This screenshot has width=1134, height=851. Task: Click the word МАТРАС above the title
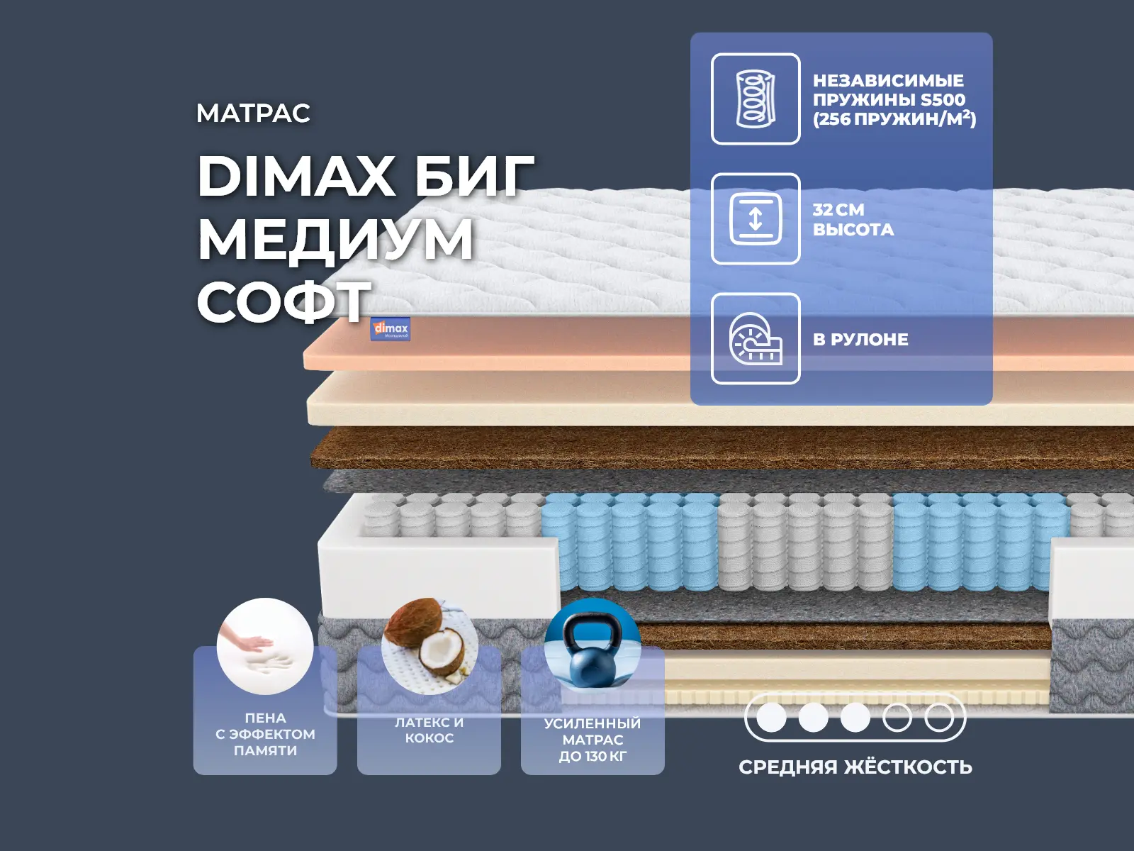coord(253,113)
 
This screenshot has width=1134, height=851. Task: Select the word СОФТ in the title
coord(283,301)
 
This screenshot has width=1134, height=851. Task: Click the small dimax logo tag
coord(390,328)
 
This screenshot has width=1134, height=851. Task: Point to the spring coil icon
coord(756,99)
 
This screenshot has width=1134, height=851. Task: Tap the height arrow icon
coord(756,218)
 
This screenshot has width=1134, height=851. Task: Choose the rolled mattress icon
coord(756,339)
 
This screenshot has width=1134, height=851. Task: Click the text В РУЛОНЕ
coord(860,340)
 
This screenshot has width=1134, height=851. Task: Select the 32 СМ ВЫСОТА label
coord(853,220)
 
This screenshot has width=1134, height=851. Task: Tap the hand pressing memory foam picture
coord(265,646)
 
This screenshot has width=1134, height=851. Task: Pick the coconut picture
coord(430,646)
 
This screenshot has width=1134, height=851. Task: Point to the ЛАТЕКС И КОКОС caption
coord(429,730)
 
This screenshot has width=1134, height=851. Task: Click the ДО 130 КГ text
coord(593,756)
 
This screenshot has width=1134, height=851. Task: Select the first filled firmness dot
coord(771,717)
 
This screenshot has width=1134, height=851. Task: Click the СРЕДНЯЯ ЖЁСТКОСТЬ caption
coord(855,767)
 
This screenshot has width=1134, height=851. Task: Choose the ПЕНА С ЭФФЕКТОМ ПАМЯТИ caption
coord(265,734)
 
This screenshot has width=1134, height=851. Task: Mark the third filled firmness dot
coord(855,717)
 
